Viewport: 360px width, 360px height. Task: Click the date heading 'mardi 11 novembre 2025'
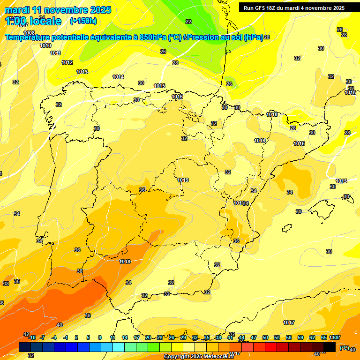[58, 10]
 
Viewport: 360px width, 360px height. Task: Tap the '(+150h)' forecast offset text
[83, 21]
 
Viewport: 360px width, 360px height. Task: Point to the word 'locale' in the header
[45, 21]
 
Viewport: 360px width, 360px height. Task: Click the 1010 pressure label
[45, 45]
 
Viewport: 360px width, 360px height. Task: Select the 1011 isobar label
[55, 53]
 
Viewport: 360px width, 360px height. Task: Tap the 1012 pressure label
[67, 62]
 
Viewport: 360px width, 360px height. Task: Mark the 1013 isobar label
[82, 72]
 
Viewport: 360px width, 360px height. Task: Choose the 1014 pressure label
[118, 77]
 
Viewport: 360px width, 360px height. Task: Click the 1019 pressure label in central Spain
[183, 180]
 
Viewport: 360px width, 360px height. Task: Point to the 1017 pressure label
[289, 322]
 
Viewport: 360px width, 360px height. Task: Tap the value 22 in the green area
[188, 22]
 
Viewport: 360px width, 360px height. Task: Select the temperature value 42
[26, 334]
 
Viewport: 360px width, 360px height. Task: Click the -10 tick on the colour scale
[32, 337]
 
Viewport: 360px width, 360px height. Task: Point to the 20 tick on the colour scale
[148, 337]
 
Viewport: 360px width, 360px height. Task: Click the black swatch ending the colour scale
[330, 347]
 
